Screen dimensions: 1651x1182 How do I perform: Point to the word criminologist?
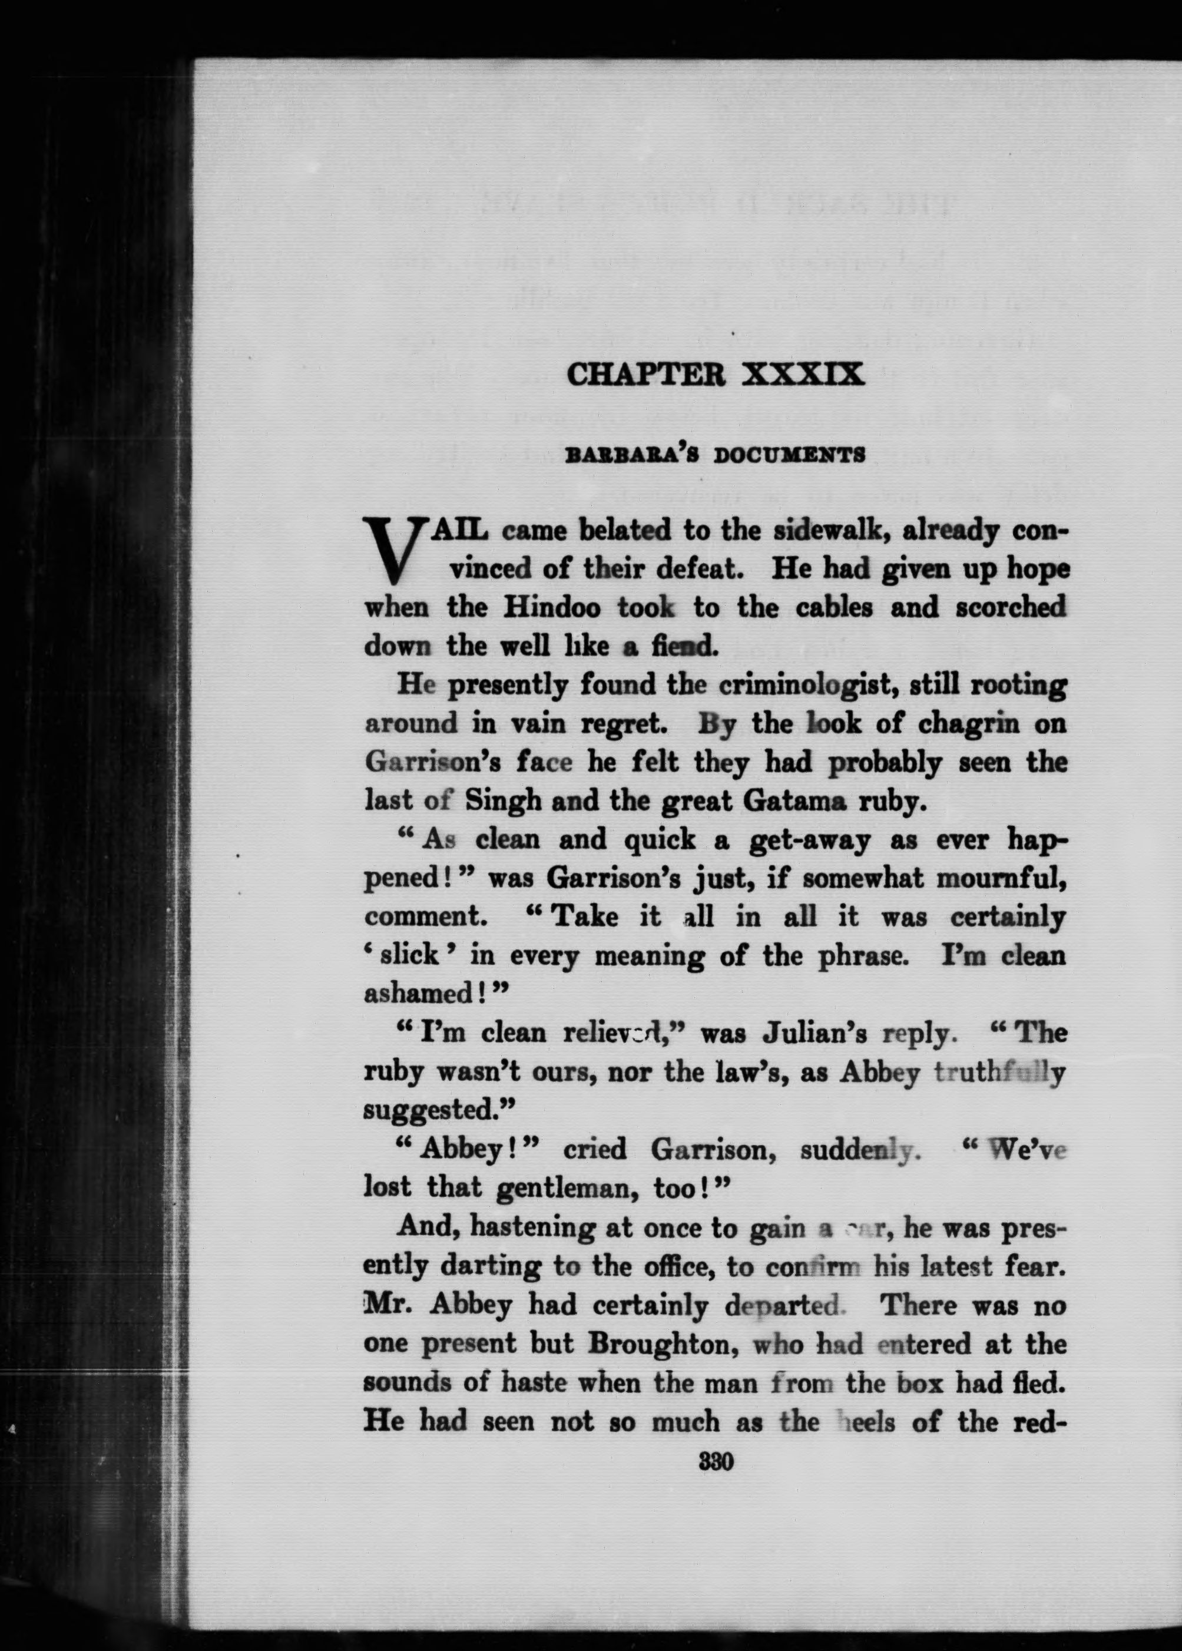(x=808, y=686)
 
